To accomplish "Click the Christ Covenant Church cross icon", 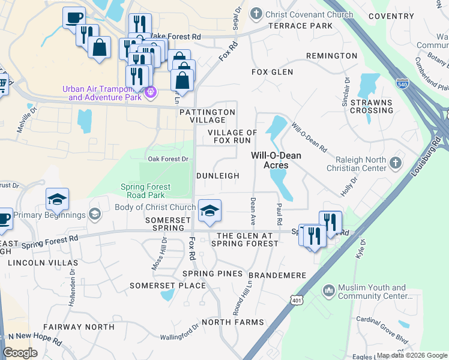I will click(x=256, y=13).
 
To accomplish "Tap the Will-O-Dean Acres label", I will click(x=276, y=160).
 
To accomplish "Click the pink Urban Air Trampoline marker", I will click(x=150, y=92).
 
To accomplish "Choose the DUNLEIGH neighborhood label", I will click(x=217, y=176).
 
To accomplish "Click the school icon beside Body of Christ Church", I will click(x=209, y=211).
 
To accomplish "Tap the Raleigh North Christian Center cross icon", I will click(x=395, y=163).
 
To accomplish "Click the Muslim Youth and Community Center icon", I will click(x=328, y=291).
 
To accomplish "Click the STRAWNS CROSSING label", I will click(x=367, y=107).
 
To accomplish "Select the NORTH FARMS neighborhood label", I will click(x=232, y=322).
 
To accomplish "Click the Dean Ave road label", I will click(x=253, y=204).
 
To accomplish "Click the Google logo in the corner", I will click(x=21, y=352).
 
